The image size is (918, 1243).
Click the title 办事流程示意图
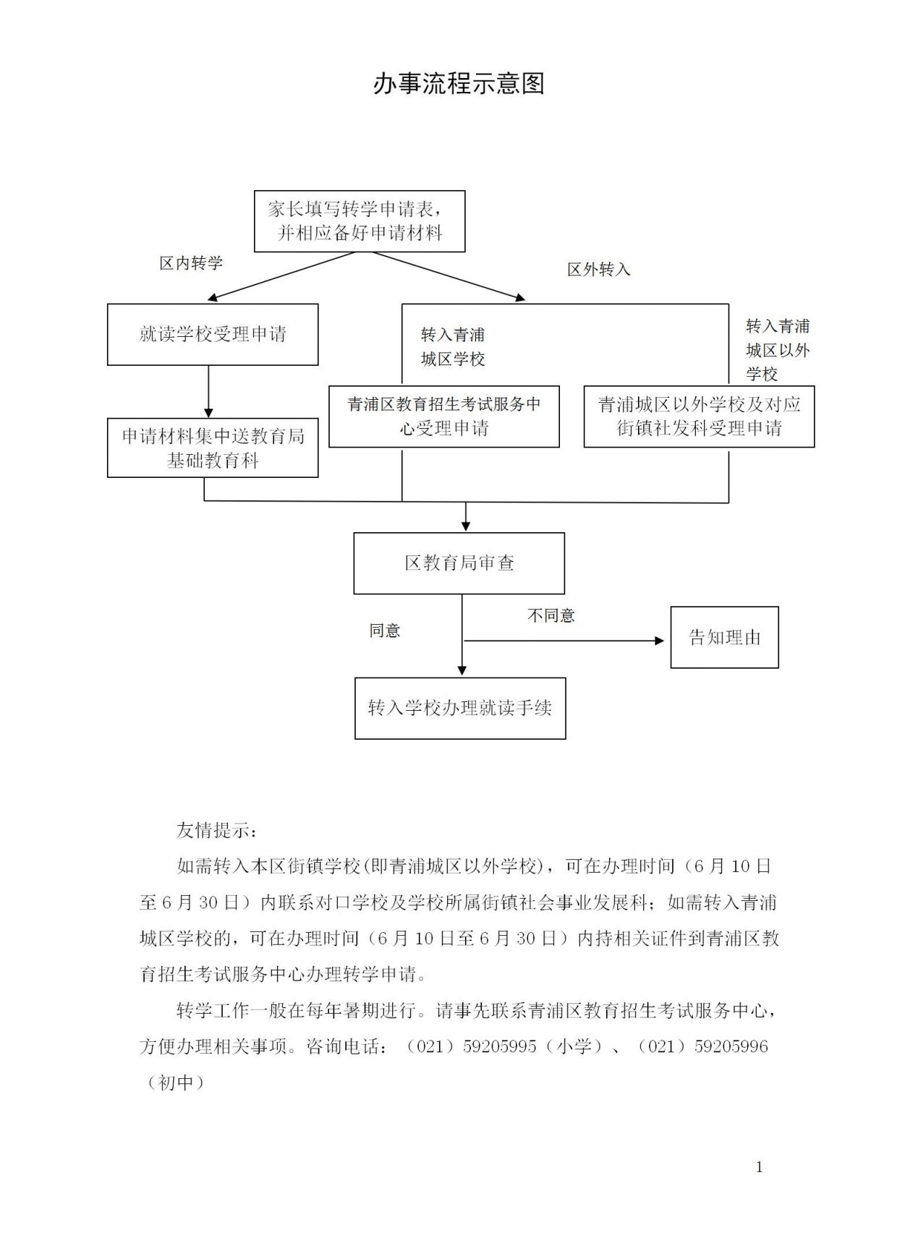click(x=459, y=84)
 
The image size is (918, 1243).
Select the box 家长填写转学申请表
click(x=359, y=221)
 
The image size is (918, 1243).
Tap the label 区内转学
click(x=191, y=263)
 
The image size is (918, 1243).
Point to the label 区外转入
click(x=598, y=270)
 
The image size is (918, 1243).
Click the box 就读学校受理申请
click(x=213, y=334)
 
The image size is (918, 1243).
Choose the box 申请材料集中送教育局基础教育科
click(x=213, y=448)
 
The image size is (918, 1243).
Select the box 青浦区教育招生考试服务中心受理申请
click(x=443, y=417)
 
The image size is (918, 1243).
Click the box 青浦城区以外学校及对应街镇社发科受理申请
click(x=699, y=417)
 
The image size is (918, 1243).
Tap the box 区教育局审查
click(x=459, y=563)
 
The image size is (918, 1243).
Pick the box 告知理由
click(x=724, y=637)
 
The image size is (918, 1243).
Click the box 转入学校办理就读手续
click(x=460, y=708)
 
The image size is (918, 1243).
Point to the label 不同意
click(x=551, y=615)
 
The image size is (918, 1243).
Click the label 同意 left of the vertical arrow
click(x=384, y=631)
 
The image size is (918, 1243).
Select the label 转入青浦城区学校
click(x=453, y=347)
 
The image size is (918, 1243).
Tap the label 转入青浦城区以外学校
click(x=778, y=350)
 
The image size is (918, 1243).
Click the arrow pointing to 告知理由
click(x=564, y=641)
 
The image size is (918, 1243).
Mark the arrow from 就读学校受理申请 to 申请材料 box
click(x=208, y=391)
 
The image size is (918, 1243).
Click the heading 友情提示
click(x=216, y=830)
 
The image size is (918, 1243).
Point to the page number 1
click(x=759, y=1166)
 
